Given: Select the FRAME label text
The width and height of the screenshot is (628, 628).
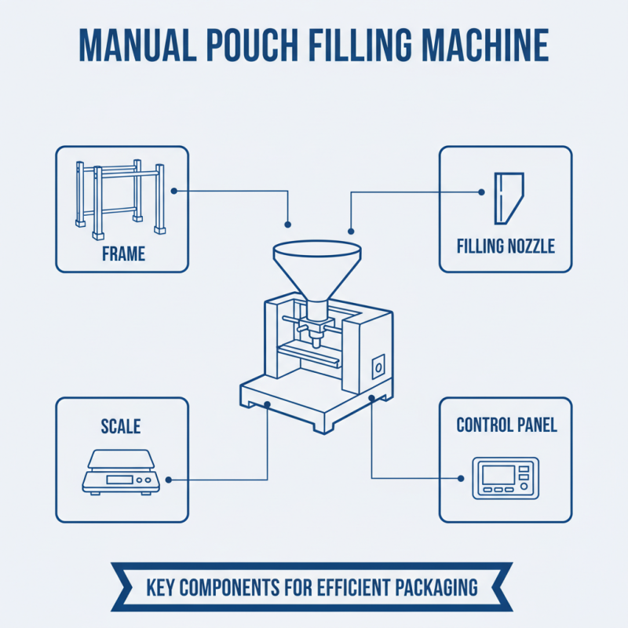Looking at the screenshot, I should [124, 254].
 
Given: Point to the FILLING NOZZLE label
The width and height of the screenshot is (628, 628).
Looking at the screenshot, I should [506, 246].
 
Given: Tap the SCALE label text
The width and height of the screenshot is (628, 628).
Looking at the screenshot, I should [121, 426].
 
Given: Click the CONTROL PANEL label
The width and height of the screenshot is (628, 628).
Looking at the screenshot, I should [507, 425].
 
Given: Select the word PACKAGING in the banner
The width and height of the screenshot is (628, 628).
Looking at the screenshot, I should [436, 586].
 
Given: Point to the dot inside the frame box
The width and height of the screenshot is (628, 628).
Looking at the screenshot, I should [173, 190].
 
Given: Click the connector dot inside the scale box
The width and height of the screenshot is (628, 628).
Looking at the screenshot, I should [170, 479].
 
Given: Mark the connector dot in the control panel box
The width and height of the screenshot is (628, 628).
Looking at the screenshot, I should [461, 477].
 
